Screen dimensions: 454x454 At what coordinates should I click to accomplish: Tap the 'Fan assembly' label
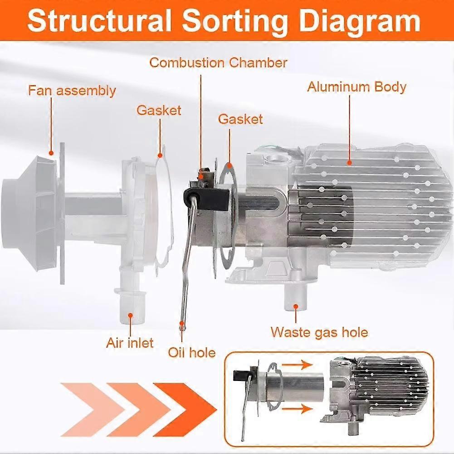tap(72, 90)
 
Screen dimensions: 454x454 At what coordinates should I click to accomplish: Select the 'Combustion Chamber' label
tap(218, 62)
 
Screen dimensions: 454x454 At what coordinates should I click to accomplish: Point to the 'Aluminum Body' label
tap(356, 87)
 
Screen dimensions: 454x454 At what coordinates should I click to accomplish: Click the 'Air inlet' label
tap(130, 342)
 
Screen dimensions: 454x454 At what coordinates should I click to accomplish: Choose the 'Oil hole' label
tap(191, 352)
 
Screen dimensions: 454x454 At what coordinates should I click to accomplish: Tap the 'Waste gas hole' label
tap(319, 332)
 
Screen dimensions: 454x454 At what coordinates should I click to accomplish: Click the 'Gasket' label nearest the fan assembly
tap(159, 110)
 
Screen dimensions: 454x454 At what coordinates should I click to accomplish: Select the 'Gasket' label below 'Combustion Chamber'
tap(240, 119)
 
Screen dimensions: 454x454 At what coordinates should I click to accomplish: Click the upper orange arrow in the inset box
tap(300, 364)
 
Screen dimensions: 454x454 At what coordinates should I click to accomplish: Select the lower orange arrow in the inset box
tap(300, 409)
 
